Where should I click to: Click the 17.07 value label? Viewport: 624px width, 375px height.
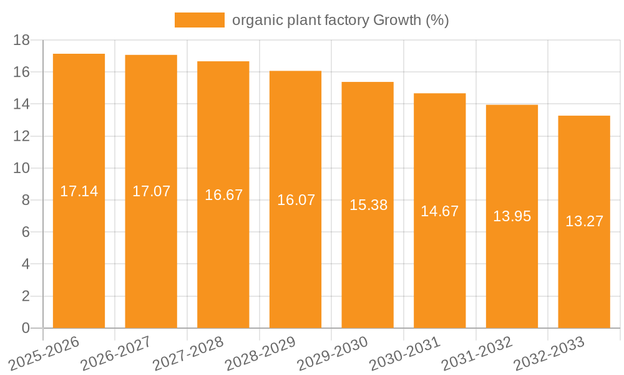[151, 191]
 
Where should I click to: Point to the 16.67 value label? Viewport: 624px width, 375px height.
[223, 195]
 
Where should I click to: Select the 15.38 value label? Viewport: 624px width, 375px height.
[368, 205]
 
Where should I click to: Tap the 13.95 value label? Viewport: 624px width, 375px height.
[512, 216]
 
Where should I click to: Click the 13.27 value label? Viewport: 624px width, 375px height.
[584, 221]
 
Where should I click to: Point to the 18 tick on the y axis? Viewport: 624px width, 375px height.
[22, 41]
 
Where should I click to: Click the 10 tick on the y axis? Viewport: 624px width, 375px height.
[22, 168]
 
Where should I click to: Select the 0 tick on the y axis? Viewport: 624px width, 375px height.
[26, 328]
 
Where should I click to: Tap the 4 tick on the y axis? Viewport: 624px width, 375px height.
[26, 264]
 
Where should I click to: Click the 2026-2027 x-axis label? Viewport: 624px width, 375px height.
[115, 353]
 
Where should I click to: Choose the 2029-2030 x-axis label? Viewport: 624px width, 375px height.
[332, 353]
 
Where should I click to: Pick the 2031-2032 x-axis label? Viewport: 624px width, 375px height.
[477, 353]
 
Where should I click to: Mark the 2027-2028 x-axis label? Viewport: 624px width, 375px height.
[187, 353]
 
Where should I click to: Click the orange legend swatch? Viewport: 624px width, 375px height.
[199, 20]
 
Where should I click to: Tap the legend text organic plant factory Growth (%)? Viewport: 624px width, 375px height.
[341, 20]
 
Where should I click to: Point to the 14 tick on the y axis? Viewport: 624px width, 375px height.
[22, 104]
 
